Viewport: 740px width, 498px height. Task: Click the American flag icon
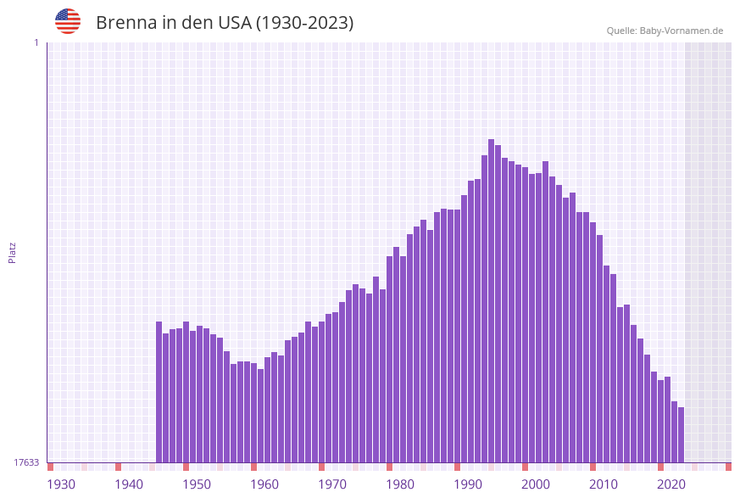tap(68, 21)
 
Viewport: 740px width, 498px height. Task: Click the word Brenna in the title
tap(125, 23)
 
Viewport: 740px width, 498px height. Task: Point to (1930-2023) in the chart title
tap(305, 23)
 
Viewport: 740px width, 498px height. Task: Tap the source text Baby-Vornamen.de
tap(681, 31)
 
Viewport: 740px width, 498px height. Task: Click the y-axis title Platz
tap(13, 252)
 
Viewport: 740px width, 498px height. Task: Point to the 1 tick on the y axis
tap(36, 42)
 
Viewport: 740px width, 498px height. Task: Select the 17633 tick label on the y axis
tap(26, 462)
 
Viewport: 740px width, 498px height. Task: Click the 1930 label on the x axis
tap(61, 484)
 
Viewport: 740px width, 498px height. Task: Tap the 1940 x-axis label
tap(129, 484)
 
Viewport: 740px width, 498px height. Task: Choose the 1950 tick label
tap(197, 484)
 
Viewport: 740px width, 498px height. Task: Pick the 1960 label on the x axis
tap(264, 484)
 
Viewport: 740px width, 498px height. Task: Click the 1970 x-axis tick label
tap(332, 484)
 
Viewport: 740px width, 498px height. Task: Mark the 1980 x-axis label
tap(400, 484)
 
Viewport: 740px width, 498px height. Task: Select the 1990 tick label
tap(468, 484)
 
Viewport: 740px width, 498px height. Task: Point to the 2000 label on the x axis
tap(536, 484)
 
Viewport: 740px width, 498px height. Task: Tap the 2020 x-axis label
tap(671, 484)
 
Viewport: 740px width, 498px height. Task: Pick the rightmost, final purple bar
tap(681, 434)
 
